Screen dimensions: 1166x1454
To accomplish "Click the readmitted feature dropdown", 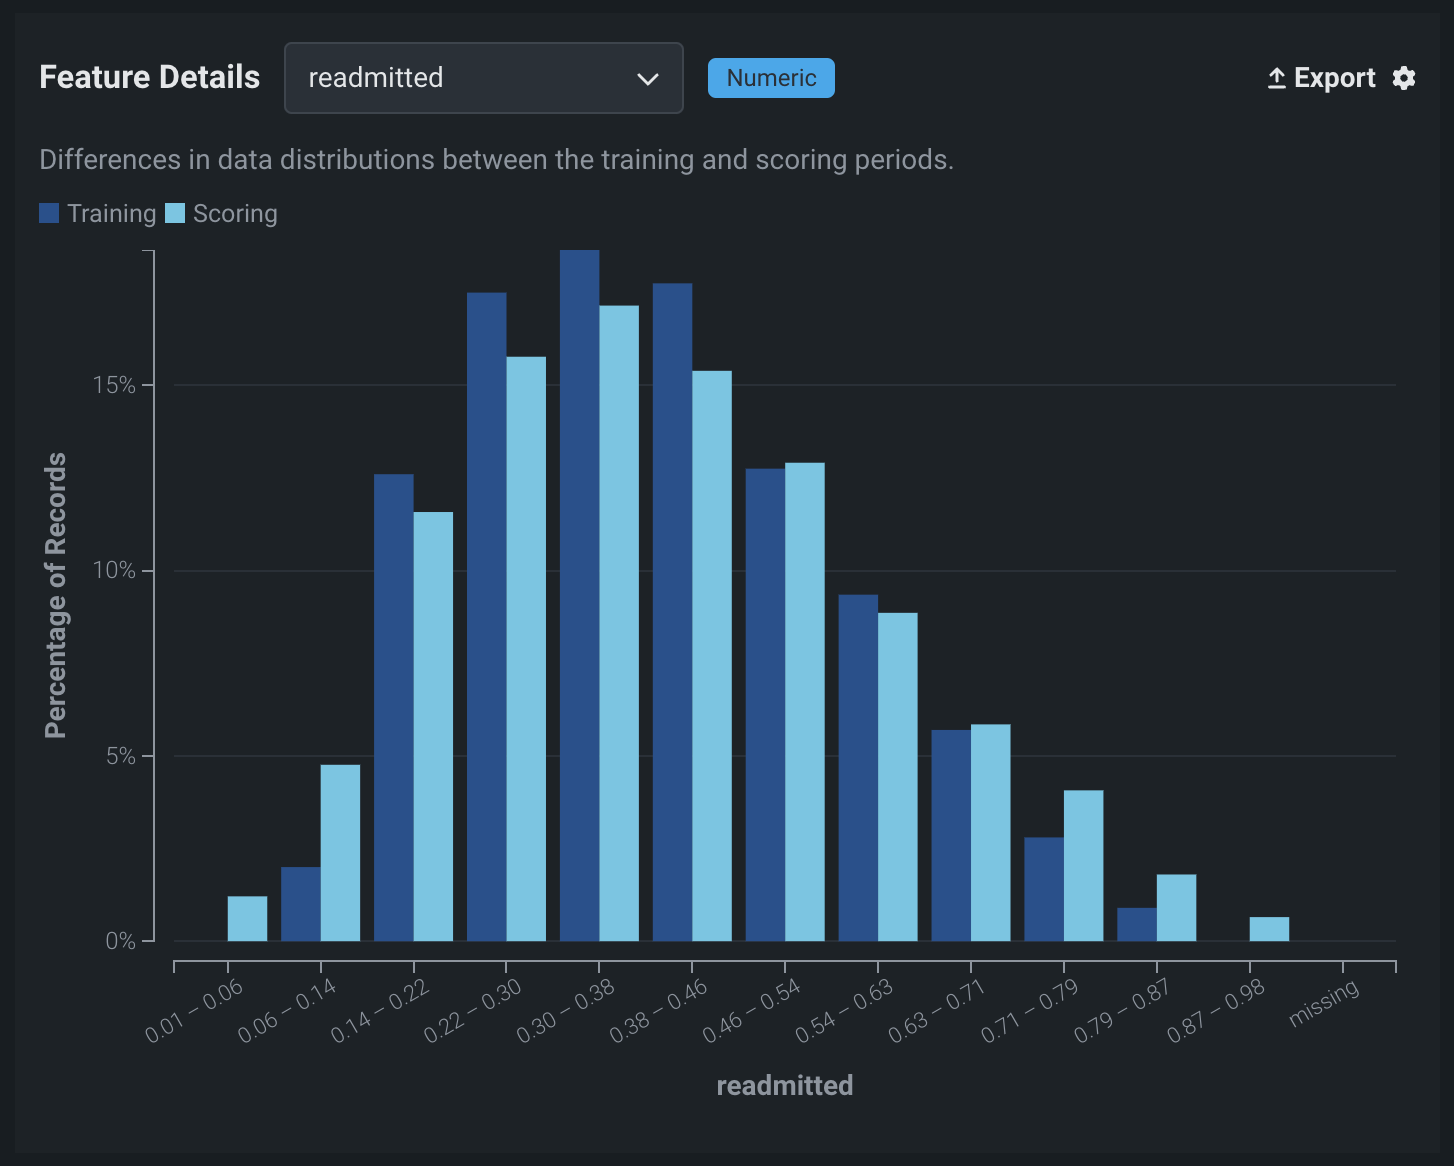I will [483, 78].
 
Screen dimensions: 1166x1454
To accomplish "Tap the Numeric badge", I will [771, 78].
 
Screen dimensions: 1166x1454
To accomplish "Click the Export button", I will [1321, 78].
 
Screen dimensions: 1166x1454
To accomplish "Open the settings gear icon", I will [1404, 78].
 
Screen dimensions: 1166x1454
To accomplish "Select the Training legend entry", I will [98, 214].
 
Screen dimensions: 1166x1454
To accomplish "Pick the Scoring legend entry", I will [222, 214].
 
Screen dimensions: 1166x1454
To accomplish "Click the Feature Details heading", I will [150, 78].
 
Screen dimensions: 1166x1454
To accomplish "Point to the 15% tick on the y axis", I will [114, 385].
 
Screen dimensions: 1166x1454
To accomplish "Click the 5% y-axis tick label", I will [120, 756].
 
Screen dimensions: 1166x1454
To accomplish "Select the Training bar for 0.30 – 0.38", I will [579, 595].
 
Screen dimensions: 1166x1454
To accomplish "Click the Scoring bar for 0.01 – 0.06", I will [247, 918].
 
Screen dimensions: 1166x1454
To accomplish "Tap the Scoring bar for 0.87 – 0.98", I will [1269, 929].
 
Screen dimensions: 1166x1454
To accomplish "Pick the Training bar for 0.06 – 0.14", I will [300, 904].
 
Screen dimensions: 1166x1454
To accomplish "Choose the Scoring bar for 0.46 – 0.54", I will [805, 701].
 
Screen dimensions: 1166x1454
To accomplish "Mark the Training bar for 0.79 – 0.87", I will [1136, 924].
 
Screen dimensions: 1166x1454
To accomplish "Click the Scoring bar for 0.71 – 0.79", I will [1083, 865].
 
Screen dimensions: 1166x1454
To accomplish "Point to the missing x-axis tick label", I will [1324, 1003].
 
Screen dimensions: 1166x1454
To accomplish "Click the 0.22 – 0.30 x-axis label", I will [473, 1011].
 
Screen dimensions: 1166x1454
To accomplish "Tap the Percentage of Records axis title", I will [56, 595].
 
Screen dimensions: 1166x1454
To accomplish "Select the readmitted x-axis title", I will [785, 1086].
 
